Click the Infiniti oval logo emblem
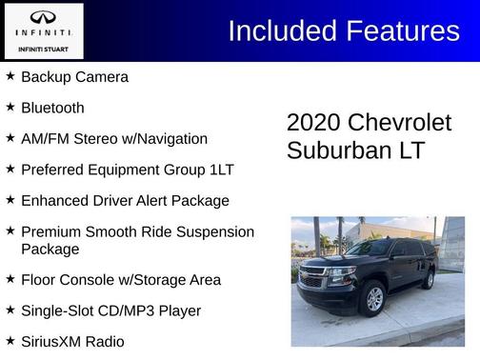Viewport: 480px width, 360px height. [43, 18]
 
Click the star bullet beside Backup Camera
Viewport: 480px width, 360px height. [10, 76]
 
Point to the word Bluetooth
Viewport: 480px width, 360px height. [52, 108]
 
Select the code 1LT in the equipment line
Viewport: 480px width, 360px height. [219, 170]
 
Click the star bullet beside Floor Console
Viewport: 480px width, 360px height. [10, 279]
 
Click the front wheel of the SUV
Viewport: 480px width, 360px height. [374, 298]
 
